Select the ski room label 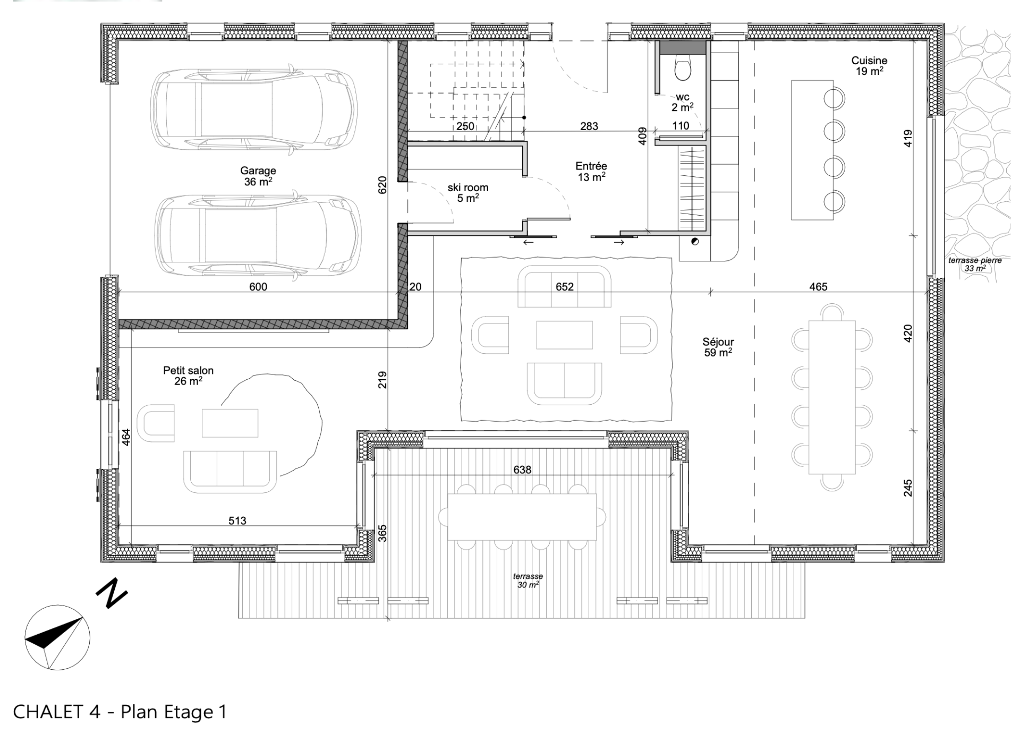[467, 193]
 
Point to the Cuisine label [869, 66]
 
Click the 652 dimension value [565, 287]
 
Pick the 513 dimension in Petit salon [237, 521]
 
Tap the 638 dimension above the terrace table [522, 470]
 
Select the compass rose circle [57, 637]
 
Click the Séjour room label [718, 347]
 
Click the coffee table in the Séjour [564, 335]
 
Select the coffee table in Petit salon [230, 423]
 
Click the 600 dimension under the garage [258, 287]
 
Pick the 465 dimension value [818, 287]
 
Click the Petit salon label [188, 376]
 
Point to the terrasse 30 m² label [528, 581]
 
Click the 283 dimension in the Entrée [589, 126]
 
